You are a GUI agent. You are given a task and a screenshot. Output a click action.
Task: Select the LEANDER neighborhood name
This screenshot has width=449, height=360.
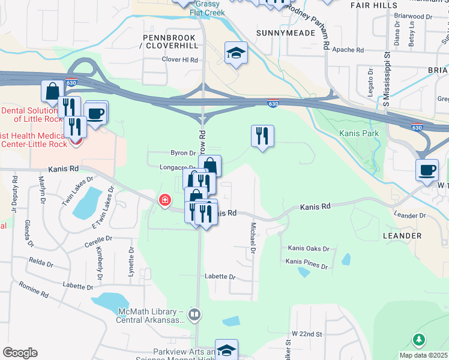[x=402, y=236]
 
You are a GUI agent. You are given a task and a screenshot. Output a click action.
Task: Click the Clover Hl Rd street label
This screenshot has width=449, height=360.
[x=180, y=60]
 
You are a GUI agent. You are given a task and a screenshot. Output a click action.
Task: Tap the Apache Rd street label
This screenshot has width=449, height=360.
[x=348, y=50]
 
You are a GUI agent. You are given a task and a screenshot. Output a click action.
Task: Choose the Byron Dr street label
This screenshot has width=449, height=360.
[x=183, y=153]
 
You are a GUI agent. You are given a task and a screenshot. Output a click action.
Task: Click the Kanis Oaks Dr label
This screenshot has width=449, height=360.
[x=309, y=248]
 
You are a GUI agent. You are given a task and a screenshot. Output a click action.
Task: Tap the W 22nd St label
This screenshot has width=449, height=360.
[x=307, y=333]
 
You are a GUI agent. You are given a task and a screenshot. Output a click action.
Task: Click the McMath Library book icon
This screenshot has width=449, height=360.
[x=194, y=314]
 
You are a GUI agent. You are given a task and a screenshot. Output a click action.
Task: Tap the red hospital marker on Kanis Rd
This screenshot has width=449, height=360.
[x=164, y=200]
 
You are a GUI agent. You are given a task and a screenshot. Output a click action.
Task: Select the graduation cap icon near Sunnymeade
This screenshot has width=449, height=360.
[x=236, y=53]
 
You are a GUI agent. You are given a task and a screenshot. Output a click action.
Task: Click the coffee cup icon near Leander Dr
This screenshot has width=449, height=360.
[x=427, y=170]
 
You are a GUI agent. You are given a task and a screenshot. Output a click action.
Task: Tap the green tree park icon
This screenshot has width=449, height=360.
[x=419, y=340]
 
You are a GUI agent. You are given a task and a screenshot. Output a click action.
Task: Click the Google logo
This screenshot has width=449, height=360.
[x=20, y=353]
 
